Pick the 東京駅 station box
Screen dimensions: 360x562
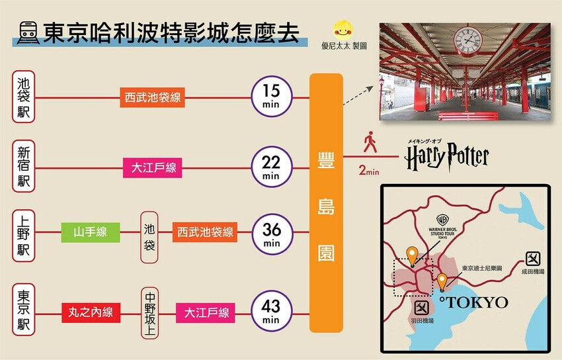24,310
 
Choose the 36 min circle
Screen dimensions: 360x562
270,234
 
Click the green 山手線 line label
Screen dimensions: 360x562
90,232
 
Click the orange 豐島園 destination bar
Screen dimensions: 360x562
326,202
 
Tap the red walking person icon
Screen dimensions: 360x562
370,142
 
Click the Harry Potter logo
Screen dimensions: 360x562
447,157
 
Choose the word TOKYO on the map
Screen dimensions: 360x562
476,302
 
